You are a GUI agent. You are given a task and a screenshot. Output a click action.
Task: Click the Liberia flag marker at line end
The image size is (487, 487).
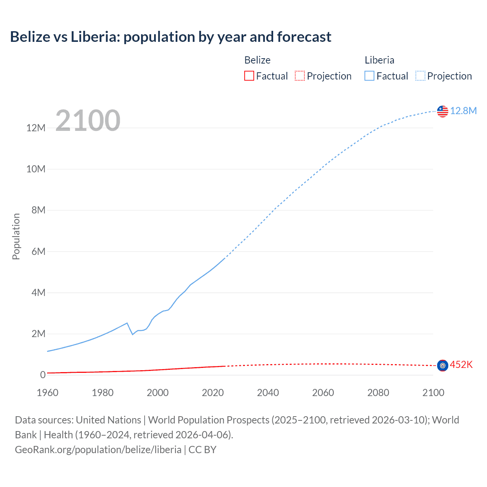tap(442, 111)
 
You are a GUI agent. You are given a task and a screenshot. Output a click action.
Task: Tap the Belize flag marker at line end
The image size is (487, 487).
tap(442, 366)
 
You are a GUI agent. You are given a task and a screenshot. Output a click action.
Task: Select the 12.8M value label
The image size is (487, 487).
tap(463, 111)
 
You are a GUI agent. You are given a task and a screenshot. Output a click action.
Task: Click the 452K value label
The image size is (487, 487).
tap(461, 365)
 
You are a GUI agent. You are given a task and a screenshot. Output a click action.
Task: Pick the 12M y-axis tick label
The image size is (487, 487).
tap(36, 128)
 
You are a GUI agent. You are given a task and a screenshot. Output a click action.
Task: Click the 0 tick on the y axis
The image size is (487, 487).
tap(43, 375)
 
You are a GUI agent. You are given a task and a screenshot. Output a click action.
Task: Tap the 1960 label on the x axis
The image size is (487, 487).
tap(48, 393)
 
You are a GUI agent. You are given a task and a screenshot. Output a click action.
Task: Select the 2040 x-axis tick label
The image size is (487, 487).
tap(268, 393)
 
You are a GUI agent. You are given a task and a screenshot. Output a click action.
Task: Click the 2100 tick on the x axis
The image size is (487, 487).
tap(433, 393)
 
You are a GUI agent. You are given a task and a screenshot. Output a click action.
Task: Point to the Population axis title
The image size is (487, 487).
tap(16, 236)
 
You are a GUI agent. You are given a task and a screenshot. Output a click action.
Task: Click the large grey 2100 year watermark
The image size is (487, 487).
tap(88, 121)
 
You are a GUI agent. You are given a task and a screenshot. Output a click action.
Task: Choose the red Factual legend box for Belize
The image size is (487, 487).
tap(249, 76)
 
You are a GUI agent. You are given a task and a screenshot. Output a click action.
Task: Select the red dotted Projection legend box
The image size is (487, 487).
tap(300, 76)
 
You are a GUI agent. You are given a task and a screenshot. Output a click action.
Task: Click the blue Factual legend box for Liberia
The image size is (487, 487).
tap(369, 76)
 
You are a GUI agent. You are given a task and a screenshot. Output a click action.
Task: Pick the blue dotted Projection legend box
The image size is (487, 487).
tap(420, 76)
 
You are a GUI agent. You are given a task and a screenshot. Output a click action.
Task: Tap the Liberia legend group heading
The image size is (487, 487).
tap(379, 60)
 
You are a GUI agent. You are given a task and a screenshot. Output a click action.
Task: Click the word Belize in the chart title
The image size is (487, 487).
tap(30, 37)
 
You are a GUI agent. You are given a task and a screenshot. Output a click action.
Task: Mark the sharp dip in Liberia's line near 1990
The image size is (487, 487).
tap(132, 334)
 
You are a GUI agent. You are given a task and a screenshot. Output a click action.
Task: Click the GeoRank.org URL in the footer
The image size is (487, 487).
tap(98, 450)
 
